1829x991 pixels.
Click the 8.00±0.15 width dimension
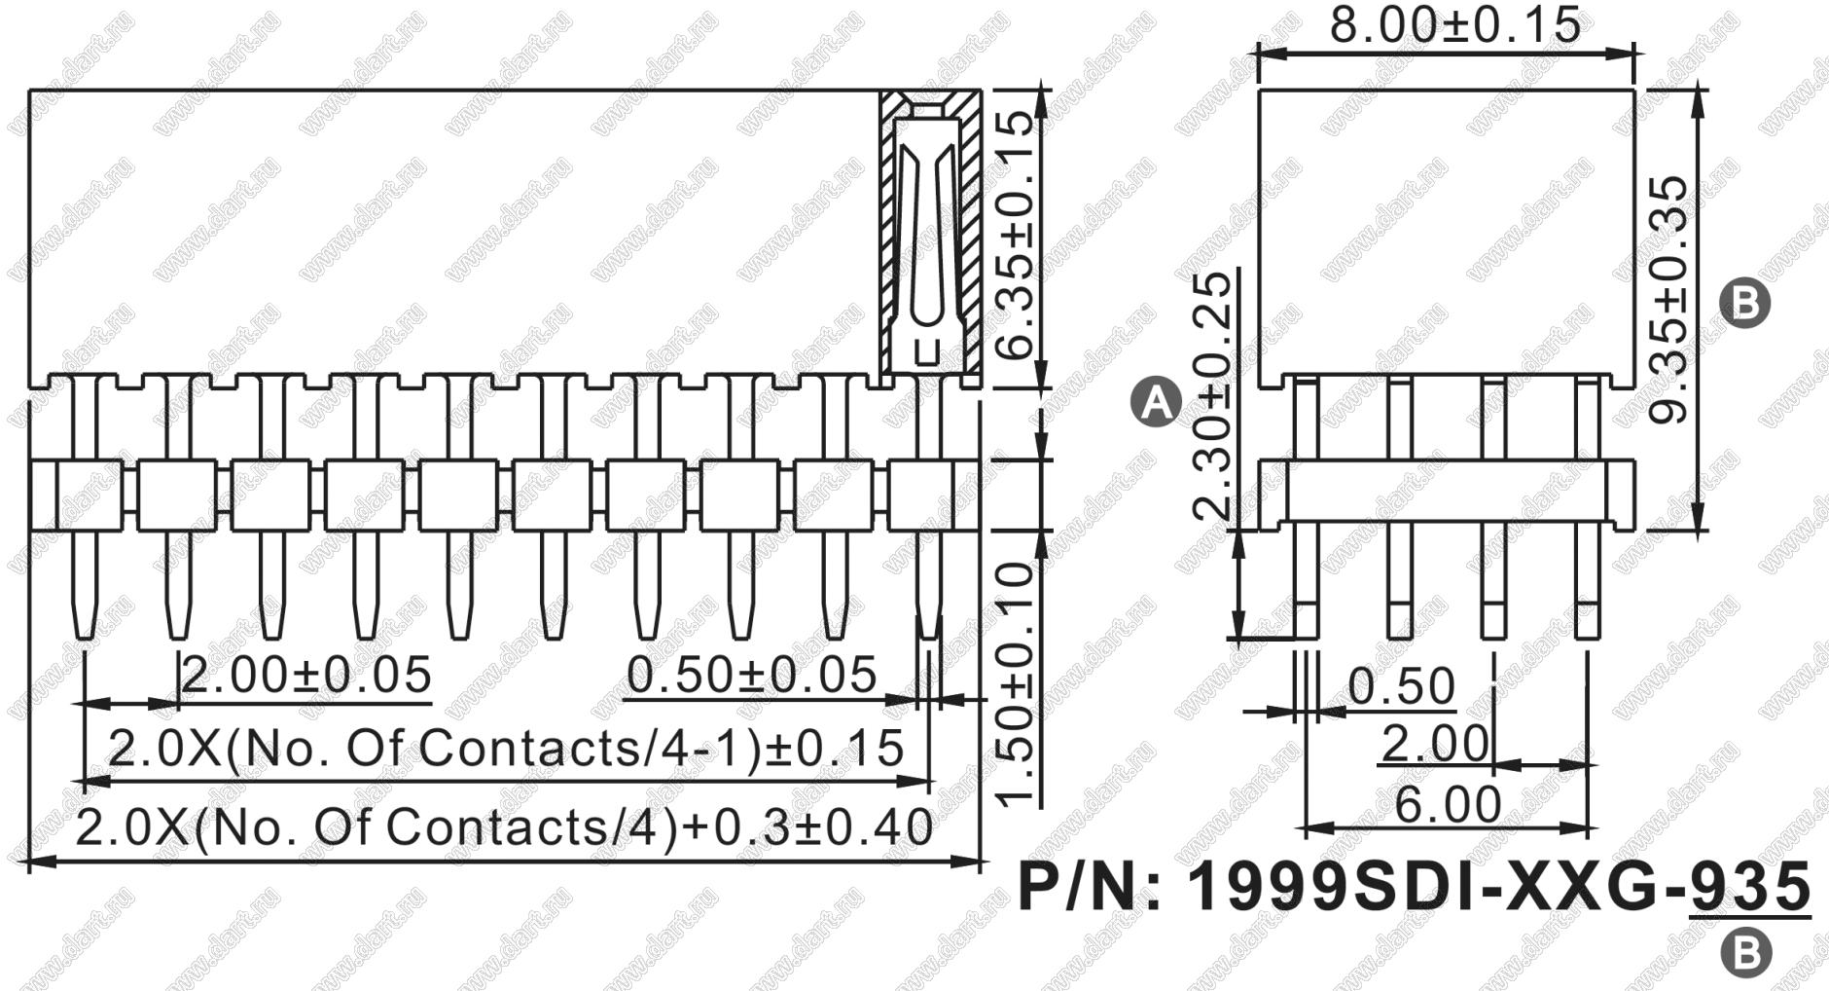[1455, 24]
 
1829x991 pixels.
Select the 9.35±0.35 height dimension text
[1672, 300]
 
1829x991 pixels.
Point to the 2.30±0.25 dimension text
[1212, 396]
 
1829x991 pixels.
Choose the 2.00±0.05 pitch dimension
[306, 675]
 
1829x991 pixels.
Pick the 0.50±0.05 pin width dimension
[751, 675]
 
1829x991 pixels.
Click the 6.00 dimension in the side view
[1449, 805]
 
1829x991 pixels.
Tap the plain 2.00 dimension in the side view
[1435, 745]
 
